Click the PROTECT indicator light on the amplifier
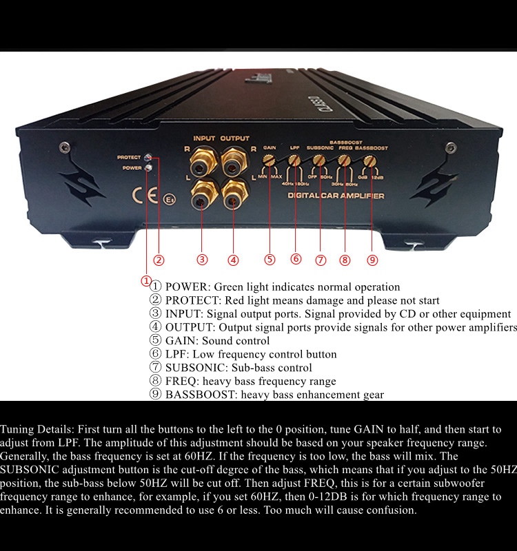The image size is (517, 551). [x=148, y=158]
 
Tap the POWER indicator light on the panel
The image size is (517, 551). [x=148, y=167]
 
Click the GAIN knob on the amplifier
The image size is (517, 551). [x=270, y=160]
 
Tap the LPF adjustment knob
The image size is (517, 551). [x=294, y=160]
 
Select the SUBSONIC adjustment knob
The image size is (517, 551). [x=319, y=160]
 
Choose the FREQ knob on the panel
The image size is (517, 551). [x=344, y=160]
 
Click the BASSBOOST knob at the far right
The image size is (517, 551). [x=369, y=160]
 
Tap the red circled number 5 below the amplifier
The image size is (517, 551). [x=270, y=260]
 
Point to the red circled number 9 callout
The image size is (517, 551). [x=372, y=260]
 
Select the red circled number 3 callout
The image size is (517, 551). [x=202, y=260]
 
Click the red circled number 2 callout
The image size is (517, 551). [x=159, y=260]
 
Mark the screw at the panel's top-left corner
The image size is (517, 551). [x=64, y=147]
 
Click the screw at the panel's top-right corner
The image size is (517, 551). [x=451, y=147]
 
